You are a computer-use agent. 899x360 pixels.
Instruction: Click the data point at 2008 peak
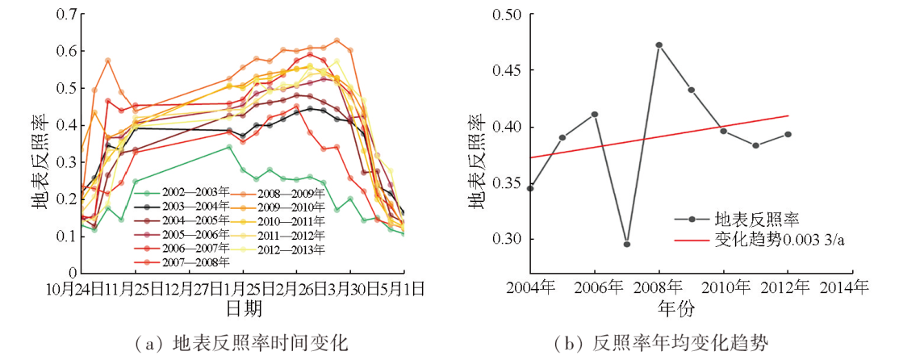click(x=659, y=45)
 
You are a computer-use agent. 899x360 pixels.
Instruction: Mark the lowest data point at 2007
click(x=627, y=244)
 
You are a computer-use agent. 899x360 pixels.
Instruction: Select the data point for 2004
click(x=530, y=188)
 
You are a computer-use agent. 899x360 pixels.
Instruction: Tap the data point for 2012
click(x=788, y=134)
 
